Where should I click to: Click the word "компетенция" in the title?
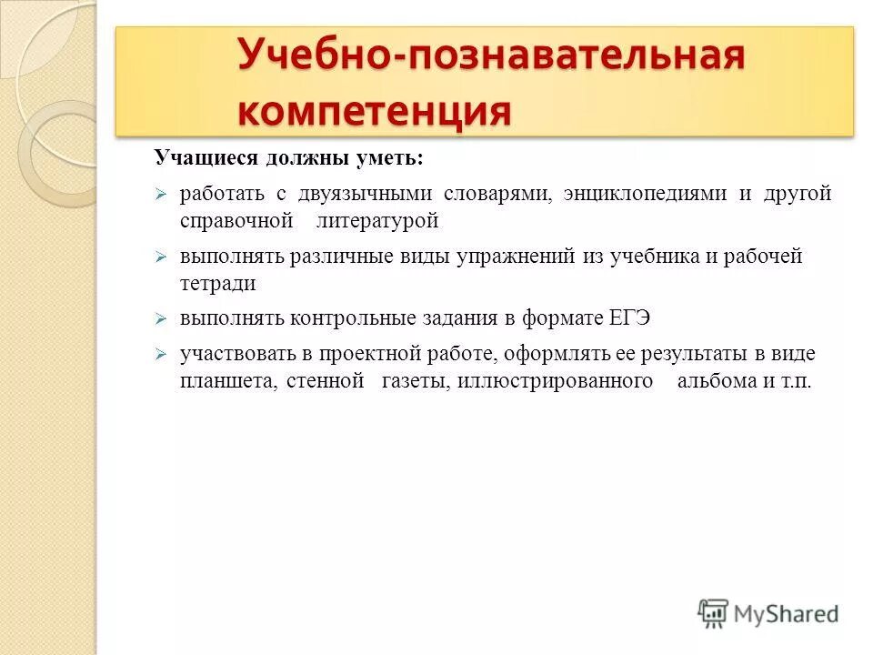pos(374,112)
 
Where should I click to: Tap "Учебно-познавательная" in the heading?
pos(491,56)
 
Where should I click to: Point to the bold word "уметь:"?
pos(395,157)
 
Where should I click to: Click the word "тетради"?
pos(217,283)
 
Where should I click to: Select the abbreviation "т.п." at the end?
pos(794,381)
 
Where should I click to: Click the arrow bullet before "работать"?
pos(160,195)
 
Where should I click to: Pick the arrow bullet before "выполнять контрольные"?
pos(160,319)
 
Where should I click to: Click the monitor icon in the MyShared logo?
pos(714,613)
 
